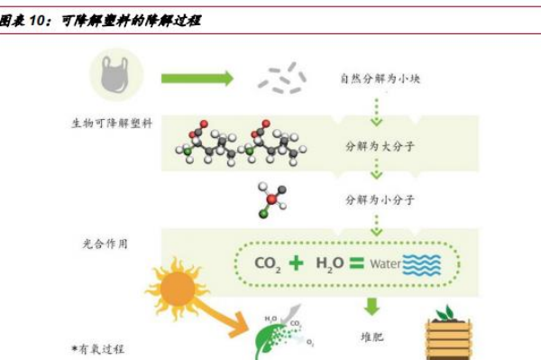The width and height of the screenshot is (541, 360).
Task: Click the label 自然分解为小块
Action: (x=380, y=78)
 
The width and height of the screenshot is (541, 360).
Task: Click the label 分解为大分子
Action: (x=376, y=144)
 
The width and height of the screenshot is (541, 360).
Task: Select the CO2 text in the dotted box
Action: (x=269, y=264)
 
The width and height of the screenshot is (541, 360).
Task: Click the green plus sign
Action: (x=297, y=263)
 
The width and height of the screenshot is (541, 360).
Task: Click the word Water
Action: (x=385, y=264)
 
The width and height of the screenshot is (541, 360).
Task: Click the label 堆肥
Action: (x=372, y=336)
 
